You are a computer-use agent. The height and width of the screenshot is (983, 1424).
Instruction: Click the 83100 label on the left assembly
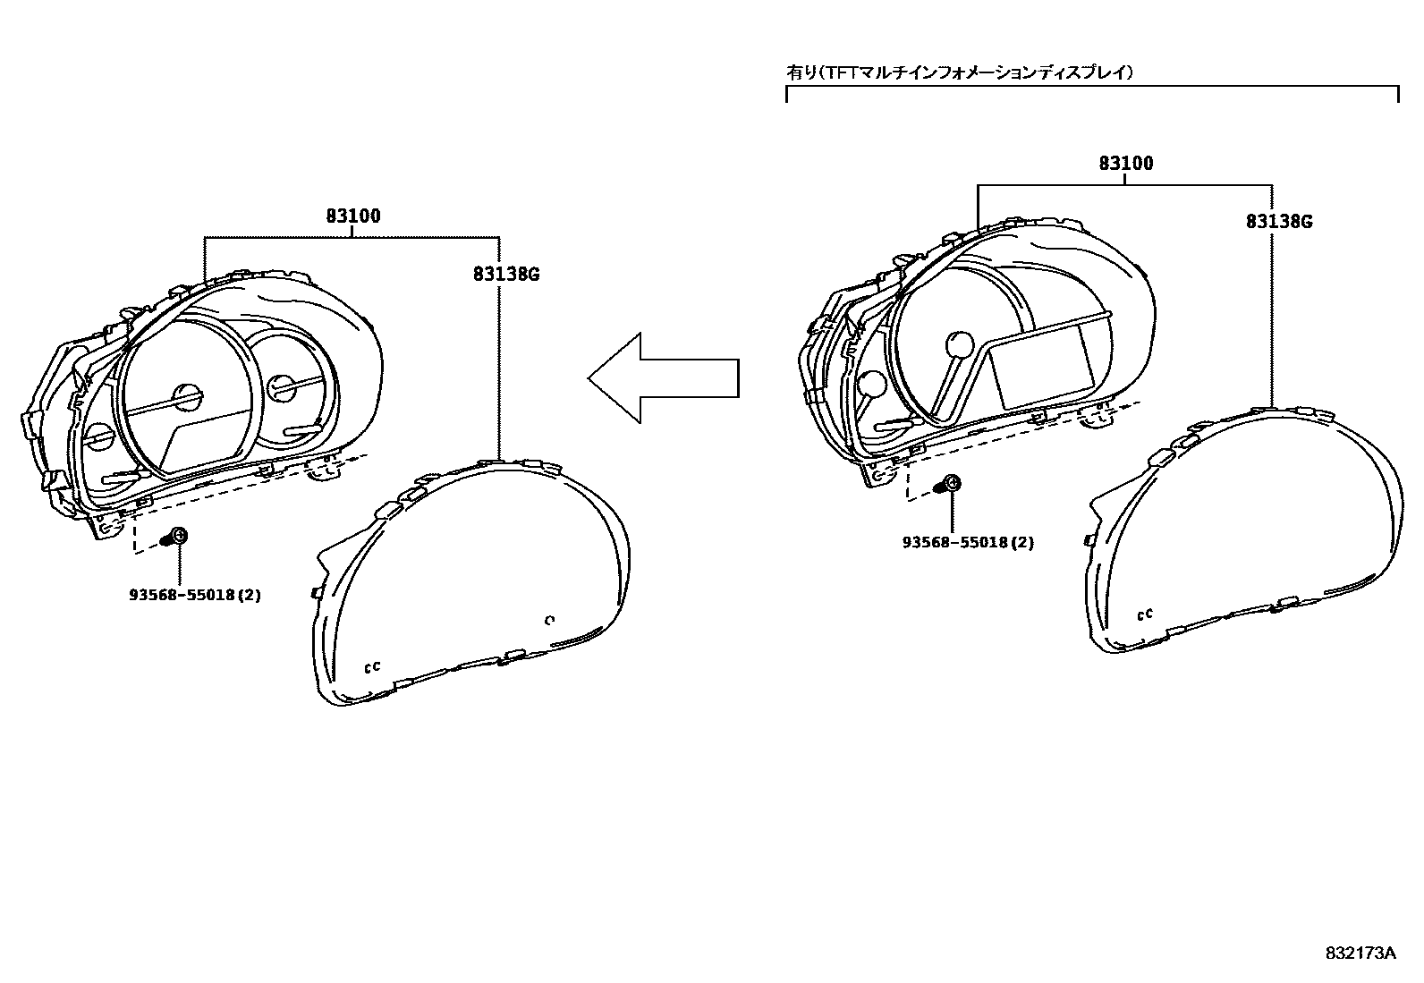point(352,216)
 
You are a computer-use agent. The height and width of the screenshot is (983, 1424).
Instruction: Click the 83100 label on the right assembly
point(1125,164)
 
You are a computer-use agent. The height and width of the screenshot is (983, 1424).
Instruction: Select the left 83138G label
point(506,275)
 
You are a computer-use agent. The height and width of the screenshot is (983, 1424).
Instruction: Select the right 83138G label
point(1279,222)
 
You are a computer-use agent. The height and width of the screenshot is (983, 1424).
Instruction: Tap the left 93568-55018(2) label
point(194,594)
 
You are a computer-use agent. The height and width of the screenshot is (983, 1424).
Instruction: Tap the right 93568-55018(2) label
point(968,542)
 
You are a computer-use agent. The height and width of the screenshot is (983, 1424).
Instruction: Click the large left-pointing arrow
point(663,377)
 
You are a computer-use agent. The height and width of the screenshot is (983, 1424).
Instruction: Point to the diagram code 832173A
point(1360,953)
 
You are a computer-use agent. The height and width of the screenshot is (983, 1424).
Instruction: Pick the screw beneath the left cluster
point(176,537)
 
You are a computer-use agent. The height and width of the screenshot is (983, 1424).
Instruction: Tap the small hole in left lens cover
point(550,620)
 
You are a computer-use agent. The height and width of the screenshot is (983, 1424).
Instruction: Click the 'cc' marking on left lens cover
point(372,666)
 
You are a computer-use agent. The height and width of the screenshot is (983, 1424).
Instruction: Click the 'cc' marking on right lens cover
point(1145,614)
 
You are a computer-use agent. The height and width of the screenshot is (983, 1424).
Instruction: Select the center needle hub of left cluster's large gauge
point(187,398)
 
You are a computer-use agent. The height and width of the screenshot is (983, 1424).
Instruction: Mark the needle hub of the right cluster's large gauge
point(959,344)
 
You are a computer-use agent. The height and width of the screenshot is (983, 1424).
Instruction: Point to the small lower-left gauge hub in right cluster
point(871,384)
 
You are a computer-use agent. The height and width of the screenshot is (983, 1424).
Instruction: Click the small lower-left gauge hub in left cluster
point(100,438)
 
